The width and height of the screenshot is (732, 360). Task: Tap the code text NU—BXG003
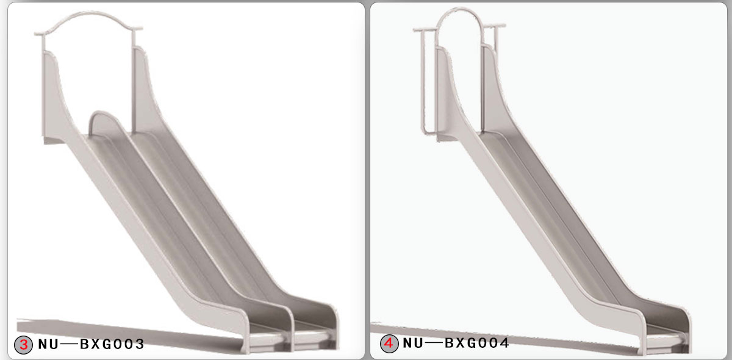[x=91, y=344]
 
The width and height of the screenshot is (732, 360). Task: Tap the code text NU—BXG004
[x=456, y=344]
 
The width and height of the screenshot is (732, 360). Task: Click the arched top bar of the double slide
[x=89, y=17]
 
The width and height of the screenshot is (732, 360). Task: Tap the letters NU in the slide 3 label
[x=48, y=344]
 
